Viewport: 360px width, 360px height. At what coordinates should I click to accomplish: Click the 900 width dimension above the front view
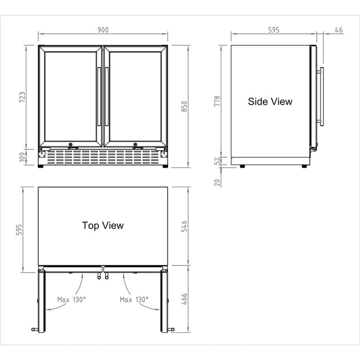[103, 30]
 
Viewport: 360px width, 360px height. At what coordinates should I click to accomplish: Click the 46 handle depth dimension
[338, 30]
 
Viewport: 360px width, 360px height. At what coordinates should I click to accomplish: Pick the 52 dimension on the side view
[217, 160]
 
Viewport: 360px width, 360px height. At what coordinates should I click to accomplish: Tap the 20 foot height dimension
[217, 182]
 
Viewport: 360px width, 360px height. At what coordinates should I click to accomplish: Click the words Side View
[270, 102]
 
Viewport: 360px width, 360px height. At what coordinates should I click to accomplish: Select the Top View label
[103, 225]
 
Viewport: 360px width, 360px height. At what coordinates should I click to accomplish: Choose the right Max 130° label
[134, 299]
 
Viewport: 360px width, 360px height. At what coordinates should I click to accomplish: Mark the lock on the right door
[135, 145]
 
